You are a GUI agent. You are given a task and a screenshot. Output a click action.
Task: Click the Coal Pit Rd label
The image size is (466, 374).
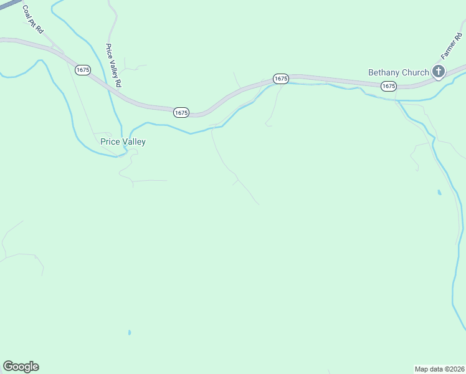pyautogui.click(x=32, y=21)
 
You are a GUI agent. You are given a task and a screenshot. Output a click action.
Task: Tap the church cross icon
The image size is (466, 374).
pyautogui.click(x=439, y=72)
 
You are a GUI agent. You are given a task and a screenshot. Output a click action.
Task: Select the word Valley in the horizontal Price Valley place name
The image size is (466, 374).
pyautogui.click(x=134, y=141)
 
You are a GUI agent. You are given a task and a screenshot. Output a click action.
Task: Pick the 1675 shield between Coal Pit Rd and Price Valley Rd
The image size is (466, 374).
pyautogui.click(x=83, y=70)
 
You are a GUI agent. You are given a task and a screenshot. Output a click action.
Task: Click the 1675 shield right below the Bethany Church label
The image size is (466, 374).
pyautogui.click(x=389, y=86)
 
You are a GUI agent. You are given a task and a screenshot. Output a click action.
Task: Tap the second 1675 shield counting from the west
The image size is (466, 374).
pyautogui.click(x=181, y=112)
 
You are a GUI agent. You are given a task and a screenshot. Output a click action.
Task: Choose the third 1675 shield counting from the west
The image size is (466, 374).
pyautogui.click(x=281, y=79)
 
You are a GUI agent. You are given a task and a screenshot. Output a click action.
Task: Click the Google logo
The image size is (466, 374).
pyautogui.click(x=21, y=367)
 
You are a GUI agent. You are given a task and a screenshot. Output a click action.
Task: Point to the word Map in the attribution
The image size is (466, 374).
pyautogui.click(x=422, y=368)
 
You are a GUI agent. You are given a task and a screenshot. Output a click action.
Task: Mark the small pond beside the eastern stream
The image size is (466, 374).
pyautogui.click(x=439, y=193)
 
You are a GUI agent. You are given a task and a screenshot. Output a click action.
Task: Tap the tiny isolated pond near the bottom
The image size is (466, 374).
pyautogui.click(x=130, y=333)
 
